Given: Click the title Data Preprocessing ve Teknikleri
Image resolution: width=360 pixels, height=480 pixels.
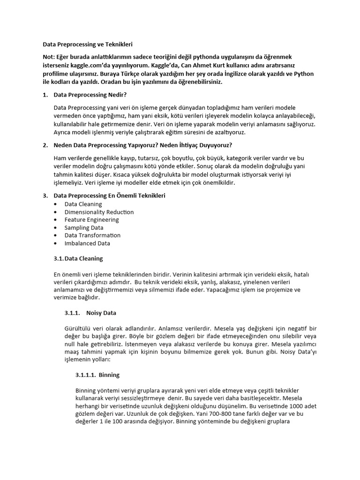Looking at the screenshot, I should tap(88, 45).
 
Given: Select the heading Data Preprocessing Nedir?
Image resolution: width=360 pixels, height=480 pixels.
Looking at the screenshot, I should tap(90, 95).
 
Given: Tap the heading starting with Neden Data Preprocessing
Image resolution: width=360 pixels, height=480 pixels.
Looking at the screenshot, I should tap(142, 145).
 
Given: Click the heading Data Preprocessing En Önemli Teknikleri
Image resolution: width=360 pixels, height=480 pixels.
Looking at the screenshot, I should tap(109, 195).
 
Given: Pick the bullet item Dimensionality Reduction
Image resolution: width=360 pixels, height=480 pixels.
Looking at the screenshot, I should tap(99, 212).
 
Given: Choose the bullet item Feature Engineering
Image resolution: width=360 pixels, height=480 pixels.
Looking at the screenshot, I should tap(91, 220).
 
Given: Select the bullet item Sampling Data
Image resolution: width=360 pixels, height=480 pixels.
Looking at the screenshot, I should tap(84, 228).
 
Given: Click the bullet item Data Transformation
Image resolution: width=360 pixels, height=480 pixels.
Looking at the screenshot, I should tap(92, 235).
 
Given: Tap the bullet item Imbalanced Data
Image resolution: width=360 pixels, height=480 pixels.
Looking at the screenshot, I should tap(87, 243).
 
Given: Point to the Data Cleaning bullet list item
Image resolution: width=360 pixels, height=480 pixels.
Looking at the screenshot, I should tap(83, 204).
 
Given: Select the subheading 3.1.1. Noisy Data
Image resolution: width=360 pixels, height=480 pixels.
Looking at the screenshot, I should tap(90, 313).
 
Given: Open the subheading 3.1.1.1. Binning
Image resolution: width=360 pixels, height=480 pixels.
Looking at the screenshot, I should tap(97, 375).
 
